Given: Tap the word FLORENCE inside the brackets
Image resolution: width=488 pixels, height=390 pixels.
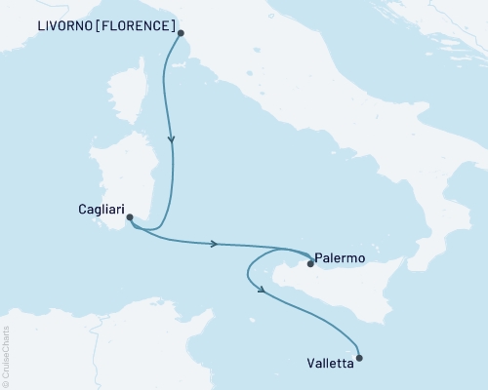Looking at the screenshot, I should [x=139, y=24].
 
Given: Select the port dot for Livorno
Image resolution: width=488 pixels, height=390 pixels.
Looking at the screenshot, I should [x=181, y=33].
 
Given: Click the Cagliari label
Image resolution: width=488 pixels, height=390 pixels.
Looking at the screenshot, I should [x=100, y=208].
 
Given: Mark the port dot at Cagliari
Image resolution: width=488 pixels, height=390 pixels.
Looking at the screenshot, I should [x=130, y=218].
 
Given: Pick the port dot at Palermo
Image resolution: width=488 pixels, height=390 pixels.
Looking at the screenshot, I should [x=310, y=262].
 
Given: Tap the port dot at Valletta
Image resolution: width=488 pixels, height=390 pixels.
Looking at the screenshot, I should [x=360, y=358].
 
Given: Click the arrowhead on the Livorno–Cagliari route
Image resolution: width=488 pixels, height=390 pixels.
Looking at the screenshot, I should [x=172, y=139].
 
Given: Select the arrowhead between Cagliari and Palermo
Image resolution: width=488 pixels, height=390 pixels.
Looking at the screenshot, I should [x=213, y=243].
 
